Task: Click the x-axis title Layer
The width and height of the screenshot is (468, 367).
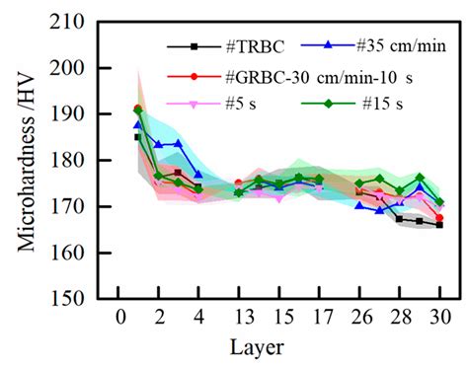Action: point(280,347)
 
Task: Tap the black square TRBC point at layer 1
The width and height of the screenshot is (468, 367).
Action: point(138,137)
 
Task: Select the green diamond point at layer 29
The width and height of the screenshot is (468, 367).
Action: point(420,178)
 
